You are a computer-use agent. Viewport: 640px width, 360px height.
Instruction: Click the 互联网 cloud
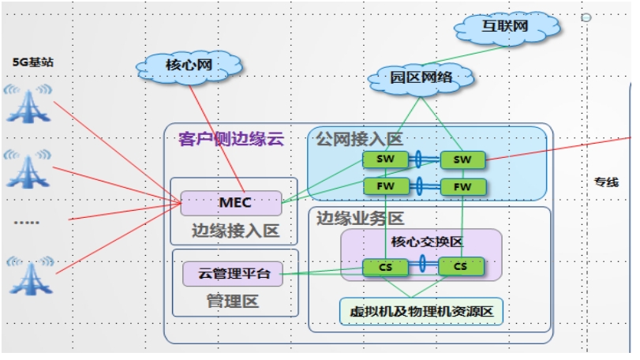(x=505, y=29)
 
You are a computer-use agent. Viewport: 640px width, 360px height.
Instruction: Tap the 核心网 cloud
(x=189, y=66)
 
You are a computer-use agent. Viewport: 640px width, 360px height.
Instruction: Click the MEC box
(x=231, y=203)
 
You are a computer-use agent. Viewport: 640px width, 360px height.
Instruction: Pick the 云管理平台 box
(x=233, y=275)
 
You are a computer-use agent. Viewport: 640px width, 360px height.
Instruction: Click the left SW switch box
(x=385, y=160)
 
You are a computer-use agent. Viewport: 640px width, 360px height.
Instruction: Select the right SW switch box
(x=462, y=160)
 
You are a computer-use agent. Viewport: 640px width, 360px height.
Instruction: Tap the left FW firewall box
(x=385, y=187)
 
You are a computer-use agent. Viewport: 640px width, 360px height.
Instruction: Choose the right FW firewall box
(x=462, y=187)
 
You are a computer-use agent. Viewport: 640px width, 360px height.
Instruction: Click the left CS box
(x=385, y=267)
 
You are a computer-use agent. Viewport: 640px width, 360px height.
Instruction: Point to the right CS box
(x=460, y=267)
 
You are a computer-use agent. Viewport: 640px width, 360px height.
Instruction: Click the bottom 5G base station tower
(x=29, y=271)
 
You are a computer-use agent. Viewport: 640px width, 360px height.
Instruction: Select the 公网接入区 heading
(x=359, y=139)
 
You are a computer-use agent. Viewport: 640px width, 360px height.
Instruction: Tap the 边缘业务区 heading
(x=360, y=218)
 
